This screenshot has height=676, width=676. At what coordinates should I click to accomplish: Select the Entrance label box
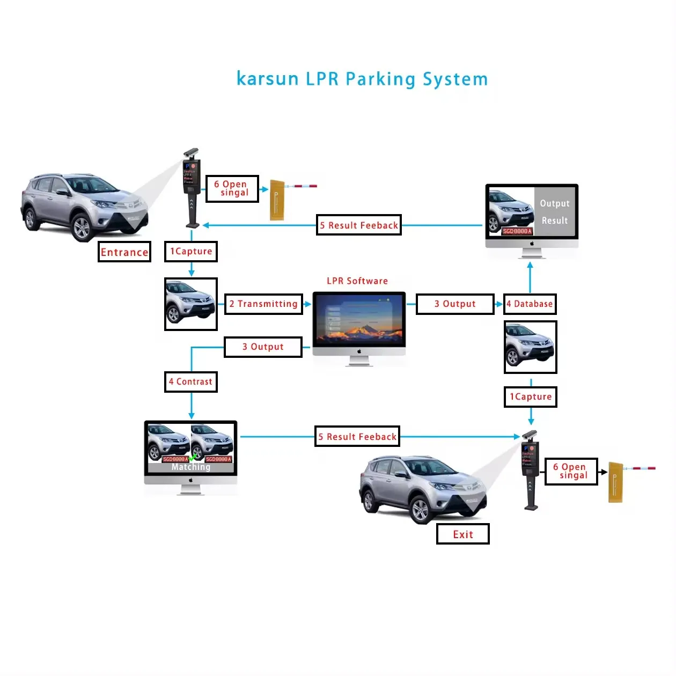click(124, 252)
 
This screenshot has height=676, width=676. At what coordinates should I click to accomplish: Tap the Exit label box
click(462, 534)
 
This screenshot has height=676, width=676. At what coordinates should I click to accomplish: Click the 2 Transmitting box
click(263, 304)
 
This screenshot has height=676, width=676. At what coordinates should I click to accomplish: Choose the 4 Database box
click(530, 304)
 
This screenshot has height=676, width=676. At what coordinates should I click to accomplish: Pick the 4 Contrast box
click(190, 382)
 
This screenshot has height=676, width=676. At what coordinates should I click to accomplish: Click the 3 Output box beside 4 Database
click(454, 304)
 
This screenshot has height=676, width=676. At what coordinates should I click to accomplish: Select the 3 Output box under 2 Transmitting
click(263, 347)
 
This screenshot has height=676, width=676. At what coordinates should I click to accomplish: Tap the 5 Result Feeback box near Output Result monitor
click(359, 225)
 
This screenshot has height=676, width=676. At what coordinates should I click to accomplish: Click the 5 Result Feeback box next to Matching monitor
click(357, 437)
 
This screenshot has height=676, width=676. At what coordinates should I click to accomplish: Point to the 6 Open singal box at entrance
click(232, 189)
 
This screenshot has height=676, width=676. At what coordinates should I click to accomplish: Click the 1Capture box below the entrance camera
click(190, 252)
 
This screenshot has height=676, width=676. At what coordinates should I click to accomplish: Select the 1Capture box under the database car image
click(530, 397)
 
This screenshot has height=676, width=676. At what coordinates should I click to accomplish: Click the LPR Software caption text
click(357, 281)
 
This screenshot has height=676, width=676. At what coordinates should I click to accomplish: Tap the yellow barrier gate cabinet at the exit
click(615, 483)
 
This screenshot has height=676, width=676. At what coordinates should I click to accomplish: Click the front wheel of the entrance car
click(82, 228)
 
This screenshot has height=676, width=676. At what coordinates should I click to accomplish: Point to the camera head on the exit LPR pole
click(528, 435)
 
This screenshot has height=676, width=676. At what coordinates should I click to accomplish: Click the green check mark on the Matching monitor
click(194, 457)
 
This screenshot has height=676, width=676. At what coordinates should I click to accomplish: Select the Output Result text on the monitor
click(554, 212)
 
